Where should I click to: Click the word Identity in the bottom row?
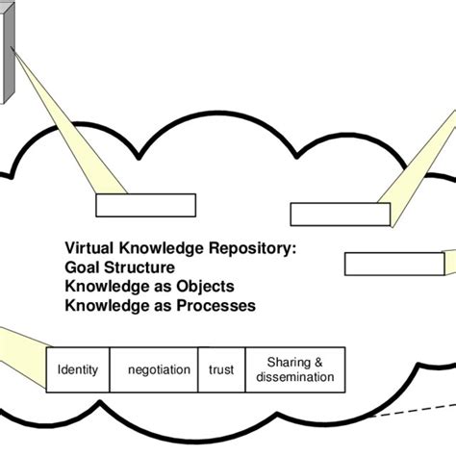tap(78, 368)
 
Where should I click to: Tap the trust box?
tap(220, 368)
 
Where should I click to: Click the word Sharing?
tap(287, 362)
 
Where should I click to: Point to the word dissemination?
tap(295, 377)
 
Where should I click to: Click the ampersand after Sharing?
tap(319, 362)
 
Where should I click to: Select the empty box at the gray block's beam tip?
tap(133, 207)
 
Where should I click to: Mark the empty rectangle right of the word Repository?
tap(327, 214)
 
